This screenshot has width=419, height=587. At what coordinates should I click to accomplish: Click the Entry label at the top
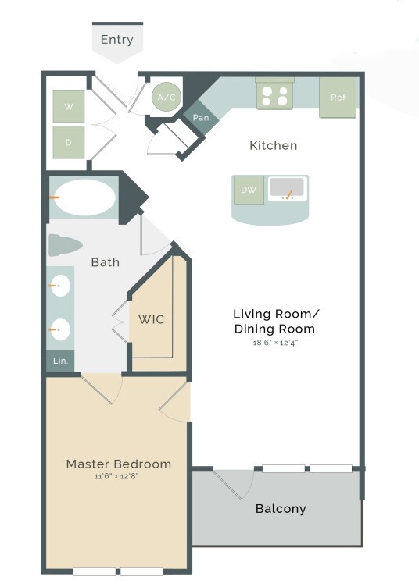point(116,40)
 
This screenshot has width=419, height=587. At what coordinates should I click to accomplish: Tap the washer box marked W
point(69,106)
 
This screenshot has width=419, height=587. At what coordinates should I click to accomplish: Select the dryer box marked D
point(69,142)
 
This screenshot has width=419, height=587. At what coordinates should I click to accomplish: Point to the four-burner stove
point(275,95)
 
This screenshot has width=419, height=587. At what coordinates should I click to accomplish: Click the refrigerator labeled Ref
point(338,98)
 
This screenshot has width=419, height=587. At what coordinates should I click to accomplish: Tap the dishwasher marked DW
point(249,190)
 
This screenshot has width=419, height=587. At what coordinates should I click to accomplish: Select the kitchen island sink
point(288,189)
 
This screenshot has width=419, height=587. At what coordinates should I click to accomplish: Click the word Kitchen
point(273,146)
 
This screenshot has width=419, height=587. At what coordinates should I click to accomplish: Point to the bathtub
point(83,197)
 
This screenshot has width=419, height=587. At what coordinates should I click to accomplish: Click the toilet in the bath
point(65,245)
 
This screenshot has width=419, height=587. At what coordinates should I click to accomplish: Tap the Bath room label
point(105,262)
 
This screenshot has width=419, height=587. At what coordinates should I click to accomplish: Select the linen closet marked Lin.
point(60,361)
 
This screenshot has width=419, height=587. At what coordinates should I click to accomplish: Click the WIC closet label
point(151,319)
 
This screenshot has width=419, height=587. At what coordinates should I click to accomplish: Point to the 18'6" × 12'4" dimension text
point(276,343)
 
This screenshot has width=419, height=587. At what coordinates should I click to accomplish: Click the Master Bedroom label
point(118,464)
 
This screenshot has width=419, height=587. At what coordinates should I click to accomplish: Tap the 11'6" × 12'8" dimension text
point(118,476)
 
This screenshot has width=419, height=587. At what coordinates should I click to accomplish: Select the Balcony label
point(281,509)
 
